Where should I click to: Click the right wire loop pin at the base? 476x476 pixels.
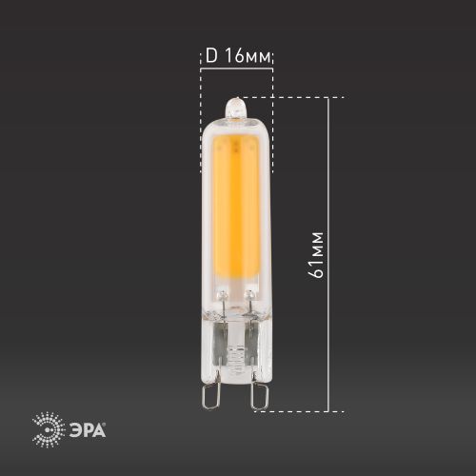256,392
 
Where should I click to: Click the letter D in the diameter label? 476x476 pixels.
211,56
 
